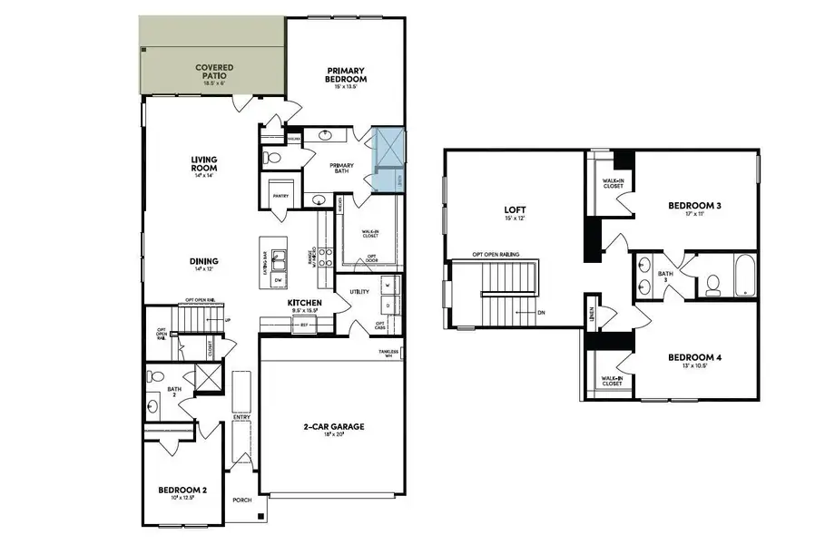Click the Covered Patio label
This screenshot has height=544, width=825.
pos(215,72)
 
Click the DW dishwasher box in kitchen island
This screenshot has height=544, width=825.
pos(277,280)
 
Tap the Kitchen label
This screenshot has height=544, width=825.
pos(304,302)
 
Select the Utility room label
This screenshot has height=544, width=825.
pos(359,291)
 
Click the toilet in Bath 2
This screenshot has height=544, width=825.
pos(155,375)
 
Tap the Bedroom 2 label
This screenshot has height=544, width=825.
pos(182,490)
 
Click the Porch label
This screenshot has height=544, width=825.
pos(241,500)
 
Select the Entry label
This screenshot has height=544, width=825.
pos(241,417)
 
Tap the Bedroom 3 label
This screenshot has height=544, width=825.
pos(694,207)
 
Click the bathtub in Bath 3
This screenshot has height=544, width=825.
pos(742,277)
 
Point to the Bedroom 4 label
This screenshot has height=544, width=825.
pos(694,357)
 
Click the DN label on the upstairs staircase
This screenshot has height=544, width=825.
pos(541,312)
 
